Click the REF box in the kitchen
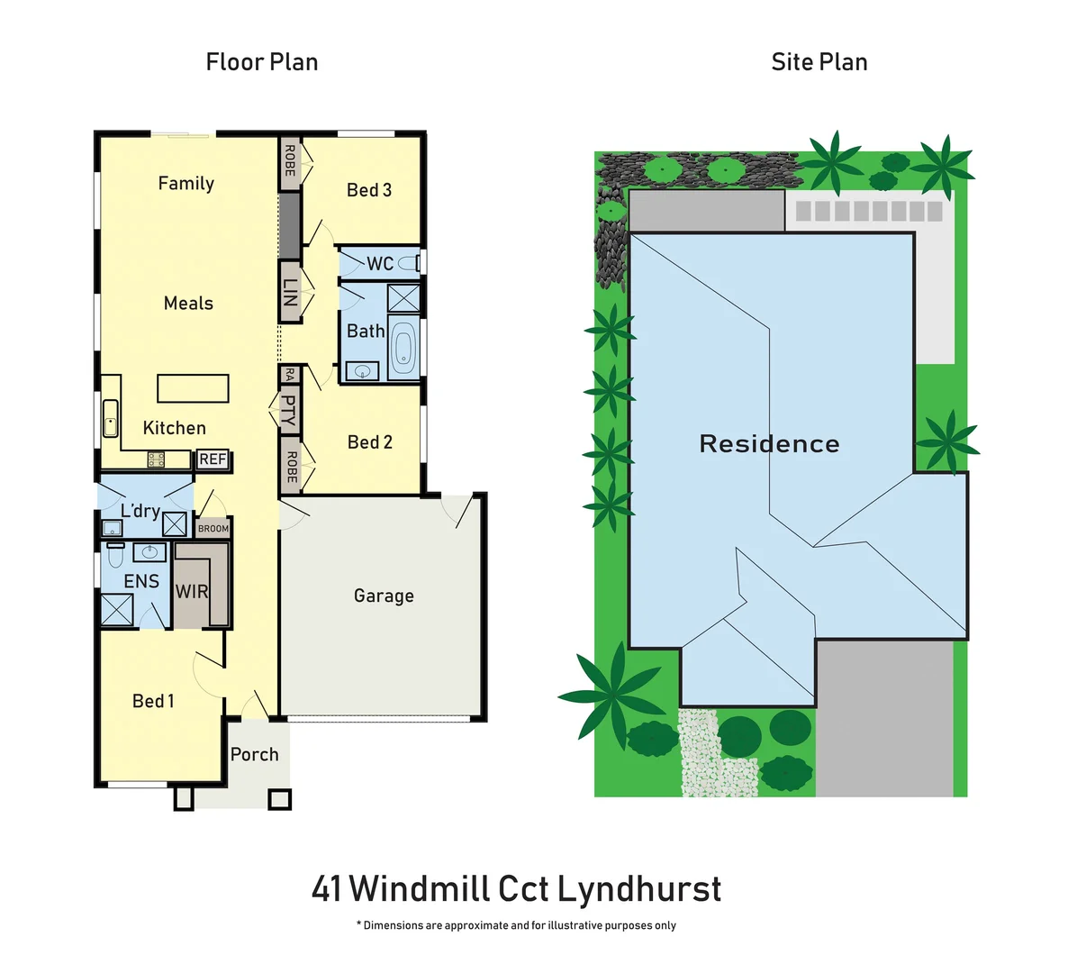point(213,459)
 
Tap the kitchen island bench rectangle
point(193,388)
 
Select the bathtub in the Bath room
point(403,349)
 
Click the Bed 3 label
point(369,190)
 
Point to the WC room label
point(380,263)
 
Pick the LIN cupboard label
point(290,292)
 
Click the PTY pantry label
point(288,410)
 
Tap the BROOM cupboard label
point(213,529)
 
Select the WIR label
point(192,592)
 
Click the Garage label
point(384,596)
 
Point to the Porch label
point(254,755)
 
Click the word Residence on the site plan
point(769,443)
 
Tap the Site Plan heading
point(819,62)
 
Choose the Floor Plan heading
point(262,62)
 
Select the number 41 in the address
point(326,889)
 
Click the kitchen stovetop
point(156,459)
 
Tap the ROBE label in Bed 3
point(290,161)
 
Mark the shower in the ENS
point(117,610)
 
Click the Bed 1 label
point(153,701)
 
